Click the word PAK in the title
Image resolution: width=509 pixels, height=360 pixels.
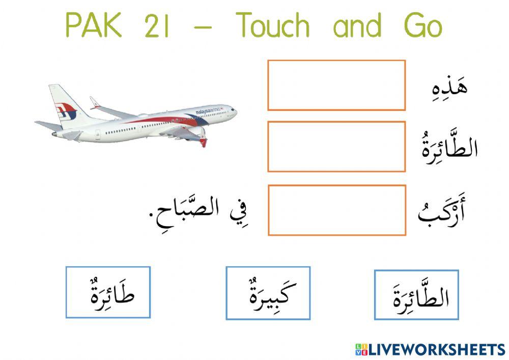coord(94,26)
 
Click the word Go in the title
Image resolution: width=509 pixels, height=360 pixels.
coord(422,26)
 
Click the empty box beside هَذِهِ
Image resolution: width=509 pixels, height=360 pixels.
coord(336,85)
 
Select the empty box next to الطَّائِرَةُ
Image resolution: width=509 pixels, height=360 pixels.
coord(336,146)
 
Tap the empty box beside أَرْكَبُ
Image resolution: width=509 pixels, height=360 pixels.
coord(336,210)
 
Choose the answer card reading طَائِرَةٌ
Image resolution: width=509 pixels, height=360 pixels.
coord(108,292)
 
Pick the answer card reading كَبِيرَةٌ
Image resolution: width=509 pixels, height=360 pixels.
coord(268,293)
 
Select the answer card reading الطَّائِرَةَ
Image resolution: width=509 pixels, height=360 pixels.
coord(416,295)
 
